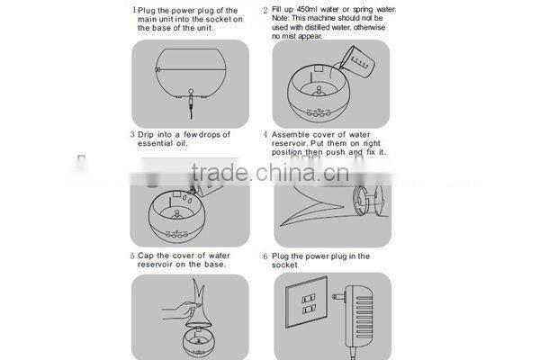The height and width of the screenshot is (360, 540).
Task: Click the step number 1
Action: coord(133,11)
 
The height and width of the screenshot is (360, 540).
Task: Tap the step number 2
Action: coord(265,11)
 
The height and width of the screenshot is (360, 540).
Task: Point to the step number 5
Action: coord(132,256)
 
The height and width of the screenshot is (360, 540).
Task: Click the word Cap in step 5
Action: coord(145,256)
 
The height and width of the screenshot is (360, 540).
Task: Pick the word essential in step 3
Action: coord(157,144)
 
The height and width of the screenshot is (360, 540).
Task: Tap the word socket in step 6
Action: coord(287,266)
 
